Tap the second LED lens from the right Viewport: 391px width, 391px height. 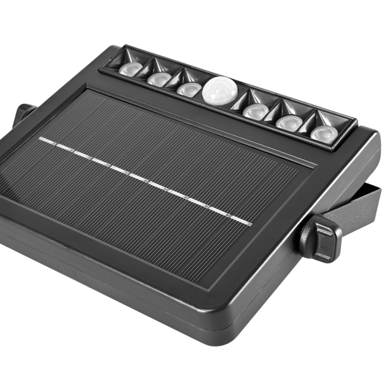[x=286, y=122]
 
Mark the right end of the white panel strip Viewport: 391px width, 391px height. [x=250, y=221]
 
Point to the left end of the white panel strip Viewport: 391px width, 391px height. [x=41, y=139]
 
